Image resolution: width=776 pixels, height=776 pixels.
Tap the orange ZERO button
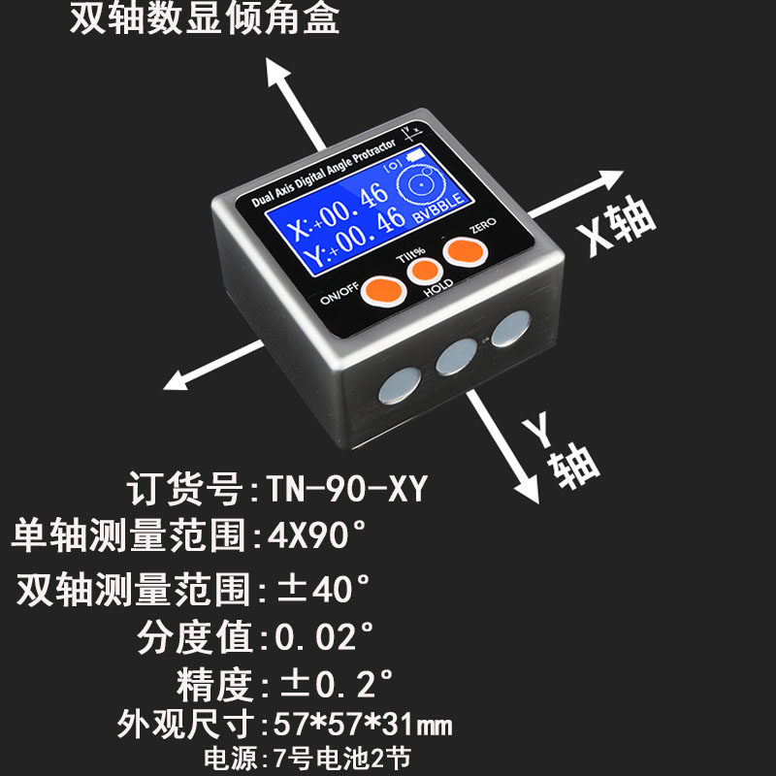(465, 251)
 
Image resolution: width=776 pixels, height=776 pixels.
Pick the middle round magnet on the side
(452, 358)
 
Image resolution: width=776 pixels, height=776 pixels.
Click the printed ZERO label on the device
(482, 224)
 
